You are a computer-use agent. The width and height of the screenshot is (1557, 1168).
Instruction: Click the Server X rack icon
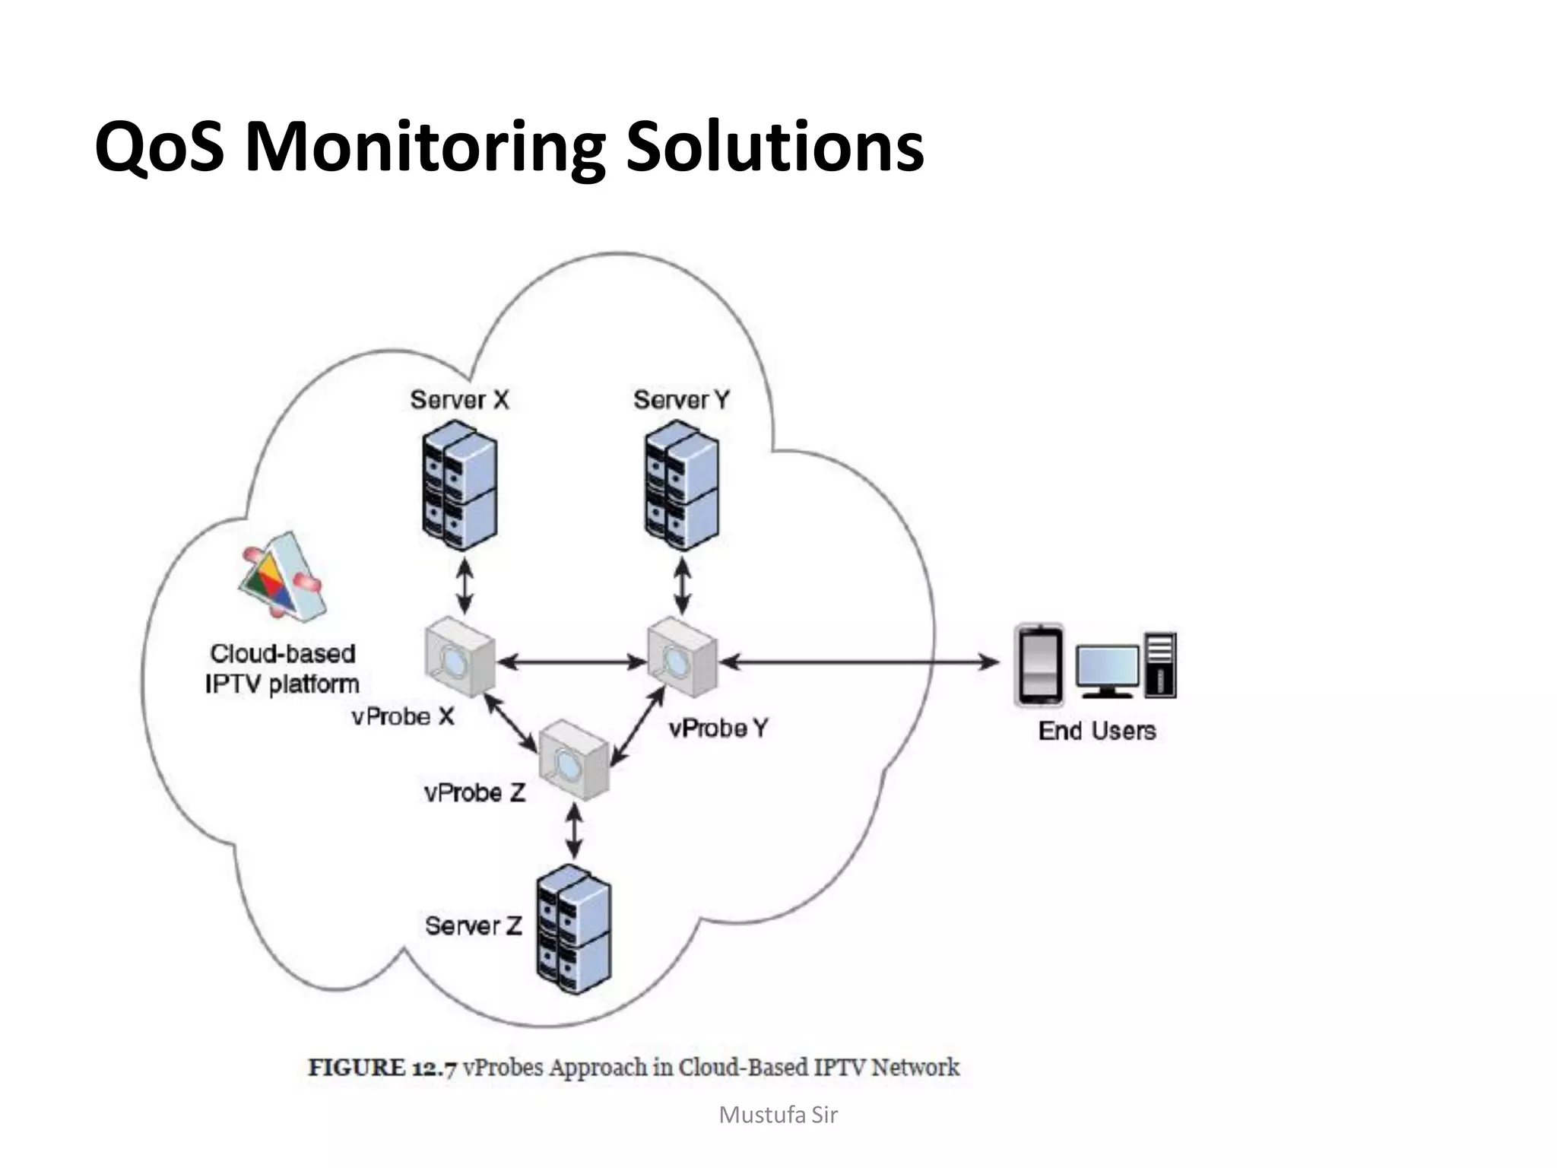[459, 487]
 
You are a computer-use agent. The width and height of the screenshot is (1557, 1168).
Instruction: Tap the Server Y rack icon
[681, 487]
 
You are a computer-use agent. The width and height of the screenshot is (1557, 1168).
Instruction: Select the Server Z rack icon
[573, 929]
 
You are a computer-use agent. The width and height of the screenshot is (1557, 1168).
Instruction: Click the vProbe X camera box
[459, 659]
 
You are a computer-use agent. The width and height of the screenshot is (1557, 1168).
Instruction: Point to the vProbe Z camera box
[574, 760]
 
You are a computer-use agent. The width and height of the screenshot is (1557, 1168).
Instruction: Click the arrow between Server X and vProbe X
[464, 586]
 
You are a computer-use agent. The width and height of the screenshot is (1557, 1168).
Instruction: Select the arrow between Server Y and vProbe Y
[683, 586]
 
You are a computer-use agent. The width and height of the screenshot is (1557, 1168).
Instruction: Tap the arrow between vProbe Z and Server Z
[575, 831]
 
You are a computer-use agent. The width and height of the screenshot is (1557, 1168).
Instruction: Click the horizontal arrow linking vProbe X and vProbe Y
[572, 662]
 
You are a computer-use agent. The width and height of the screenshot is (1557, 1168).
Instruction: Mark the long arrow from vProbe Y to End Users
[859, 662]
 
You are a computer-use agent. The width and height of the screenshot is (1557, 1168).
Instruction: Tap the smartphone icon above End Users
[1039, 665]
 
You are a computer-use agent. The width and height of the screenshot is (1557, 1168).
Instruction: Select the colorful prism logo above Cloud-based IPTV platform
[282, 578]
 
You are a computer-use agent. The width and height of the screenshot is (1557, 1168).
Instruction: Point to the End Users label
[1097, 731]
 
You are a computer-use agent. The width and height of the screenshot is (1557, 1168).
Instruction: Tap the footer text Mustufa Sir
[778, 1115]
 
